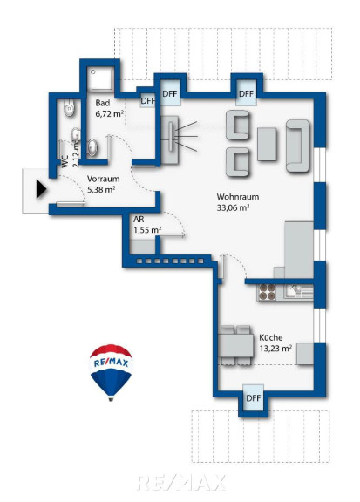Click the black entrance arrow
[41, 189]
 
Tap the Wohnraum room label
[238, 197]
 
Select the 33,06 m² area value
[233, 207]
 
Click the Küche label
[270, 337]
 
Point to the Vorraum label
[104, 179]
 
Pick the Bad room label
[103, 103]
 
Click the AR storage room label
[139, 220]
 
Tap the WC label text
[65, 162]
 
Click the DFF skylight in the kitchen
[254, 398]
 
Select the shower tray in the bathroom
[100, 79]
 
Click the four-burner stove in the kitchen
[267, 291]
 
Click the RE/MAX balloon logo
[111, 372]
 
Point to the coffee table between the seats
[267, 144]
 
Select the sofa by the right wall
[298, 146]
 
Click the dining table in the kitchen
[235, 345]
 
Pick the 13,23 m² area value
[275, 348]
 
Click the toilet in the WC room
[69, 107]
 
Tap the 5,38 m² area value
[101, 189]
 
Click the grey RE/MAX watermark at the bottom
[181, 483]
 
